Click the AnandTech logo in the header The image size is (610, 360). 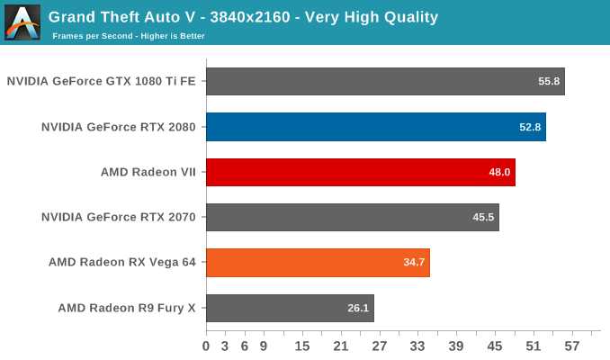[x=22, y=22]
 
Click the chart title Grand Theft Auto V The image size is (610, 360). [x=243, y=16]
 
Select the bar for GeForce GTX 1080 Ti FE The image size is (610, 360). [x=385, y=81]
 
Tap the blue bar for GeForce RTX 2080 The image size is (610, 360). [x=375, y=127]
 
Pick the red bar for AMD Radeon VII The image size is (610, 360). [x=360, y=172]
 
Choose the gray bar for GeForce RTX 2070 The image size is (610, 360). [x=352, y=217]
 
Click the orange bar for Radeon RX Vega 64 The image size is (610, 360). [x=318, y=263]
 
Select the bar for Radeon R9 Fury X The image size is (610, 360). [x=290, y=308]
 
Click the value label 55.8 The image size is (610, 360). [x=549, y=82]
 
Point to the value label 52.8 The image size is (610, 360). [x=530, y=127]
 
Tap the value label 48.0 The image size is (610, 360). [x=499, y=172]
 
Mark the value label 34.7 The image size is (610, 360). [x=414, y=263]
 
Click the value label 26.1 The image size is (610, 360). [x=358, y=308]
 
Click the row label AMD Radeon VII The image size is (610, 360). [x=148, y=172]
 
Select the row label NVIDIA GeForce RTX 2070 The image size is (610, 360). [x=119, y=217]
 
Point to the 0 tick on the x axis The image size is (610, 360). [x=206, y=346]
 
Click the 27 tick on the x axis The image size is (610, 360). [x=380, y=346]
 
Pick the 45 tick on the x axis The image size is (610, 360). [x=495, y=346]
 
